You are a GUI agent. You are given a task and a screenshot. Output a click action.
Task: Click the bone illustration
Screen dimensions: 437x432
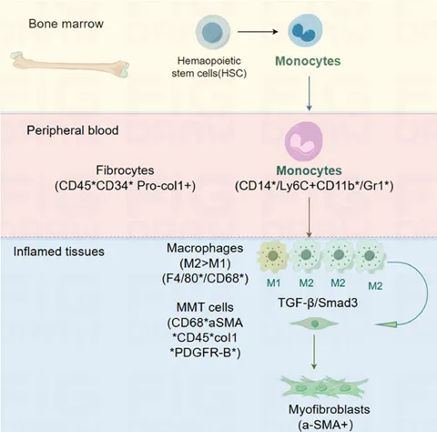[x=70, y=65]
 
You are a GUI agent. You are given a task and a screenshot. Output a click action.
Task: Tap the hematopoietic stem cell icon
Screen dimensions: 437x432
[x=213, y=32]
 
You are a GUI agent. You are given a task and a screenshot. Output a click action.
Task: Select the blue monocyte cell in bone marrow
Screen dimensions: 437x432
[x=305, y=30]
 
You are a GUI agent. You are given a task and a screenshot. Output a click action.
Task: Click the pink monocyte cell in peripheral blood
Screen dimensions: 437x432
[x=304, y=141]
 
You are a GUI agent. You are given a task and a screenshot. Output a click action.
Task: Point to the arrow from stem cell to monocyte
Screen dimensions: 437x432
[x=258, y=32]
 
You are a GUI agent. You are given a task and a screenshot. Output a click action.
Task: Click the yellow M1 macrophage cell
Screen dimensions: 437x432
[x=272, y=256]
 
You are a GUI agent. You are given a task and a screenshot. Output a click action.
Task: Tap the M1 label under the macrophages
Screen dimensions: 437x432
[x=273, y=283]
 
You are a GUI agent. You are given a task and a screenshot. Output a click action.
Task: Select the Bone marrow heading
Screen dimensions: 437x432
[x=66, y=24]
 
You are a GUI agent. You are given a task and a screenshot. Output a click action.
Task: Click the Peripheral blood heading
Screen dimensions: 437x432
[x=73, y=130]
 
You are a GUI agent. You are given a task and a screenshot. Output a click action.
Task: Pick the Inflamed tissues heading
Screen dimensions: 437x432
[x=59, y=252]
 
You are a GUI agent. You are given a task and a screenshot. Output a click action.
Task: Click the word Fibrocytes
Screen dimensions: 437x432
[x=125, y=170]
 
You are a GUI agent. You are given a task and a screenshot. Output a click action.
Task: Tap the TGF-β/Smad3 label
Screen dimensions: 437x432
[x=318, y=303]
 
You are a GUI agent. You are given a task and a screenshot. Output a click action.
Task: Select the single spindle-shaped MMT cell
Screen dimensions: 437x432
[x=314, y=324]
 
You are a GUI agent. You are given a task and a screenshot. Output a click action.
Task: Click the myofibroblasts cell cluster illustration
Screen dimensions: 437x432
[x=324, y=387]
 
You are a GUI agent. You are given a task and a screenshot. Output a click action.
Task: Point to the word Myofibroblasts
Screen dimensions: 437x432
[x=330, y=409]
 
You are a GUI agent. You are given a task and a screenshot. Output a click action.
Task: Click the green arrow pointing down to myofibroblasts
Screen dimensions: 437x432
[x=314, y=353]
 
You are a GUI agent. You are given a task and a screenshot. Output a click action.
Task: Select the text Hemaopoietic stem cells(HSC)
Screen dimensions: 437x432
[x=209, y=67]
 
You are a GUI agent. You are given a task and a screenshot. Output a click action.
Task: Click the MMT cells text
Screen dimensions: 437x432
[x=205, y=307]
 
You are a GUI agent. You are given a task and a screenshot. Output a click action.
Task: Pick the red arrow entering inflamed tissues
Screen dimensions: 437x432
[x=309, y=218]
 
